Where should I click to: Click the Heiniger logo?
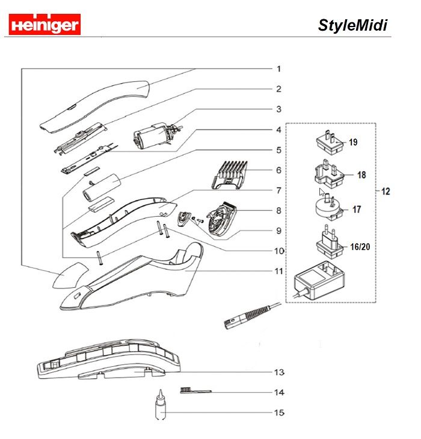[x=45, y=24]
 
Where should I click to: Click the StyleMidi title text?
[x=352, y=25]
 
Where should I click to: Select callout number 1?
[x=278, y=69]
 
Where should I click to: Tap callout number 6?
[x=278, y=170]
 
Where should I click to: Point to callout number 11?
[x=278, y=271]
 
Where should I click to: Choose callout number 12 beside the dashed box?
[x=386, y=191]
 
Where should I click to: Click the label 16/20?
[x=360, y=247]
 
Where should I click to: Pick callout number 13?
[x=278, y=372]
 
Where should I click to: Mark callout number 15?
[x=278, y=413]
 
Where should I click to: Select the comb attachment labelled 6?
[x=230, y=170]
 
